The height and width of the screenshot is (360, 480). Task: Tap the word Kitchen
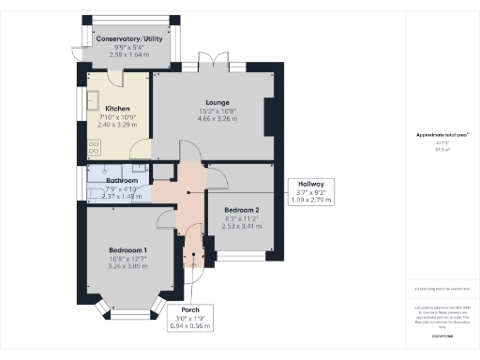[118, 108]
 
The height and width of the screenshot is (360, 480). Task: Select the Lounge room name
[218, 101]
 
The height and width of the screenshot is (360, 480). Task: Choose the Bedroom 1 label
[127, 251]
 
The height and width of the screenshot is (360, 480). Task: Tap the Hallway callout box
[311, 193]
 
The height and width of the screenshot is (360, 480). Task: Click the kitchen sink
[96, 100]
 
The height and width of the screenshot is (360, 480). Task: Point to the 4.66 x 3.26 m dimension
[218, 118]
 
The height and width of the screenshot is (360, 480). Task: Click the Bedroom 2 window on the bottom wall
[247, 254]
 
